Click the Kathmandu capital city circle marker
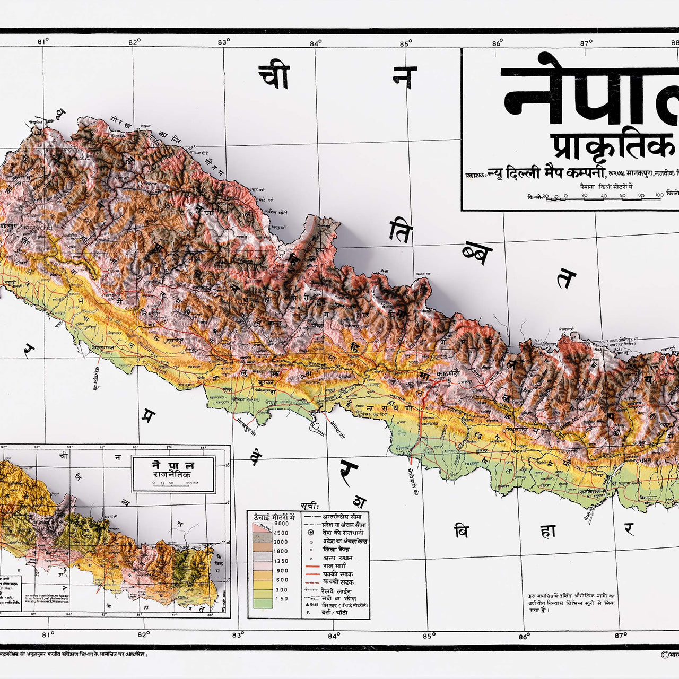tap(449, 380)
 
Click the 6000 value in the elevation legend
tap(281, 524)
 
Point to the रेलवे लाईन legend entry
tap(336, 591)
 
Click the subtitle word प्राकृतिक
tap(610, 146)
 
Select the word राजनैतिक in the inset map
tap(172, 474)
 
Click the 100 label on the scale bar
tap(659, 195)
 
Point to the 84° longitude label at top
tap(316, 43)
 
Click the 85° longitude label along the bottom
tap(429, 635)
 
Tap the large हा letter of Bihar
tap(548, 530)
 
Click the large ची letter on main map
tap(274, 77)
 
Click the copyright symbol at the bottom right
tap(665, 655)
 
